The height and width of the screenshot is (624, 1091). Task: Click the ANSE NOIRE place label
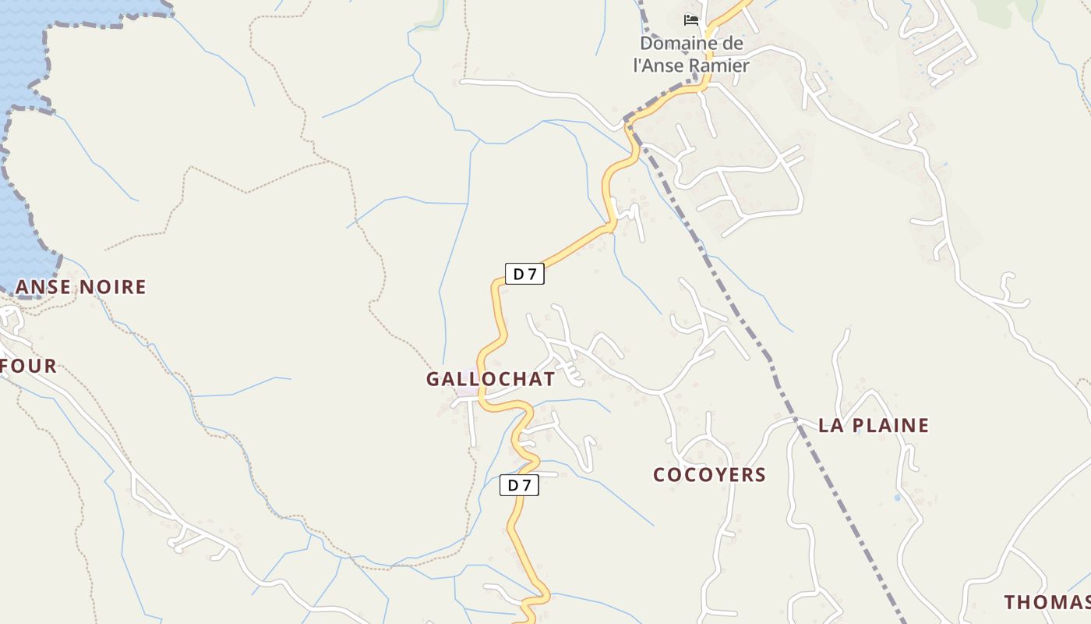[81, 287]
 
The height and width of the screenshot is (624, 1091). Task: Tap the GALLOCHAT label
[490, 379]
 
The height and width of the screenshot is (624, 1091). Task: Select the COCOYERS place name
[709, 474]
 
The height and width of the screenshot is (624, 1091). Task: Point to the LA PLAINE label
[874, 425]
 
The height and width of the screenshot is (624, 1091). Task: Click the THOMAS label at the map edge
[1047, 602]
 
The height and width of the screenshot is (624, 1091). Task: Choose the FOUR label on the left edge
[29, 366]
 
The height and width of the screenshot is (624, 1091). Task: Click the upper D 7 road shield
[524, 274]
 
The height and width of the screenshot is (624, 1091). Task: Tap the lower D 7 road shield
[519, 485]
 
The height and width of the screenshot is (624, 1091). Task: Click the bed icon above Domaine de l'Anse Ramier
[690, 20]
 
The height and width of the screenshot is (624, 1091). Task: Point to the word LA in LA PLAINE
[830, 425]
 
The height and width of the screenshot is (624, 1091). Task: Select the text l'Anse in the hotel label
[658, 66]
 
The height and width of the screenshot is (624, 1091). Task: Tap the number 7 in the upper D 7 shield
[532, 274]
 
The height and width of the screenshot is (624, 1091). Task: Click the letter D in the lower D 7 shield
[513, 485]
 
